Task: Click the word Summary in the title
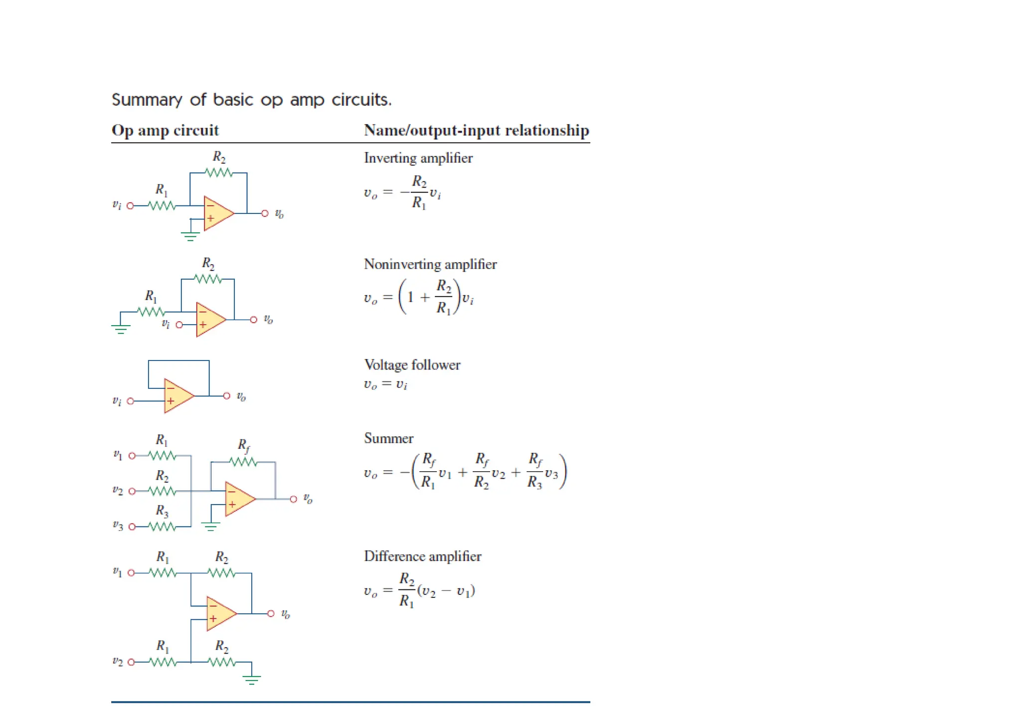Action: pyautogui.click(x=147, y=100)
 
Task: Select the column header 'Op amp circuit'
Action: pyautogui.click(x=165, y=131)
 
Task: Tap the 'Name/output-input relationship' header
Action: pyautogui.click(x=476, y=131)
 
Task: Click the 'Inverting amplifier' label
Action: pyautogui.click(x=418, y=158)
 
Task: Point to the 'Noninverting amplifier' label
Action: pyautogui.click(x=430, y=264)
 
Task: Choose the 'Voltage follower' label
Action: pyautogui.click(x=412, y=365)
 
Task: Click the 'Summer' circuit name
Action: pyautogui.click(x=388, y=438)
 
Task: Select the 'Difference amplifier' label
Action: pyautogui.click(x=422, y=556)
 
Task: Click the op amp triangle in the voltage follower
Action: pyautogui.click(x=177, y=396)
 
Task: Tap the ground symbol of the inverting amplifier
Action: pyautogui.click(x=190, y=236)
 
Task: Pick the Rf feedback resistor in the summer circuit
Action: pyautogui.click(x=243, y=462)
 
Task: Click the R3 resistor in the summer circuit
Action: pyautogui.click(x=162, y=527)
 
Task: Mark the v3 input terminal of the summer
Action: pyautogui.click(x=132, y=527)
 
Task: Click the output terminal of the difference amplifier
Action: pyautogui.click(x=271, y=613)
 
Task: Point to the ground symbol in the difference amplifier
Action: pyautogui.click(x=252, y=679)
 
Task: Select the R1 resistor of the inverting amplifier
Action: pyautogui.click(x=162, y=205)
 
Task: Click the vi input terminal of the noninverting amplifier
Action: pyautogui.click(x=179, y=325)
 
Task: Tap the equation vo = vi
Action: pyautogui.click(x=385, y=384)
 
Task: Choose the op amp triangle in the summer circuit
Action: pyautogui.click(x=239, y=499)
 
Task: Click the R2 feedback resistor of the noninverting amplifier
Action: pyautogui.click(x=208, y=279)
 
